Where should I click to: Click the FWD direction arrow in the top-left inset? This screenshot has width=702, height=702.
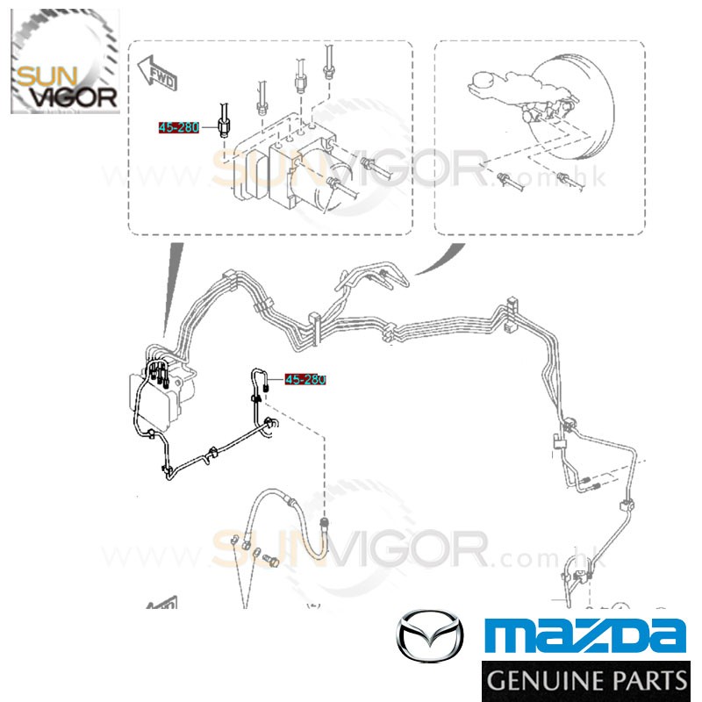pos(157,73)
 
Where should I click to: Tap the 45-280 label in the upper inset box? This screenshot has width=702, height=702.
pos(179,127)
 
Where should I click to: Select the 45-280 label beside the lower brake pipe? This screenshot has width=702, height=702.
pos(305,380)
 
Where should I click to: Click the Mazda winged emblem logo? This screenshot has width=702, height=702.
pos(430,635)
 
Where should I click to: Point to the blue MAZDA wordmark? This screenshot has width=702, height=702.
pos(584,634)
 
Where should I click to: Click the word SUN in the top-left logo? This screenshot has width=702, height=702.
pos(47,76)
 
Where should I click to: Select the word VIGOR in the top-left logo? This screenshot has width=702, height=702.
pos(75,97)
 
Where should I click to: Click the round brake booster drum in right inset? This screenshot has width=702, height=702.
pos(577,106)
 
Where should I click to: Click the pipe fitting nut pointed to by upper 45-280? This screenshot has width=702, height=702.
pos(224,126)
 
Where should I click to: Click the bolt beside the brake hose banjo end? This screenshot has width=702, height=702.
pos(270,560)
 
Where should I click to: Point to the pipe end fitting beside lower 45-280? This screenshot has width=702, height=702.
pos(266,385)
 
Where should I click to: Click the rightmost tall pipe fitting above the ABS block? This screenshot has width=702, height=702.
pos(328,63)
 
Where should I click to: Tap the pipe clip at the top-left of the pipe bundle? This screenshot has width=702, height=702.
pos(228,279)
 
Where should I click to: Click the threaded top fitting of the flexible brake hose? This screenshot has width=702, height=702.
pos(324,524)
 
